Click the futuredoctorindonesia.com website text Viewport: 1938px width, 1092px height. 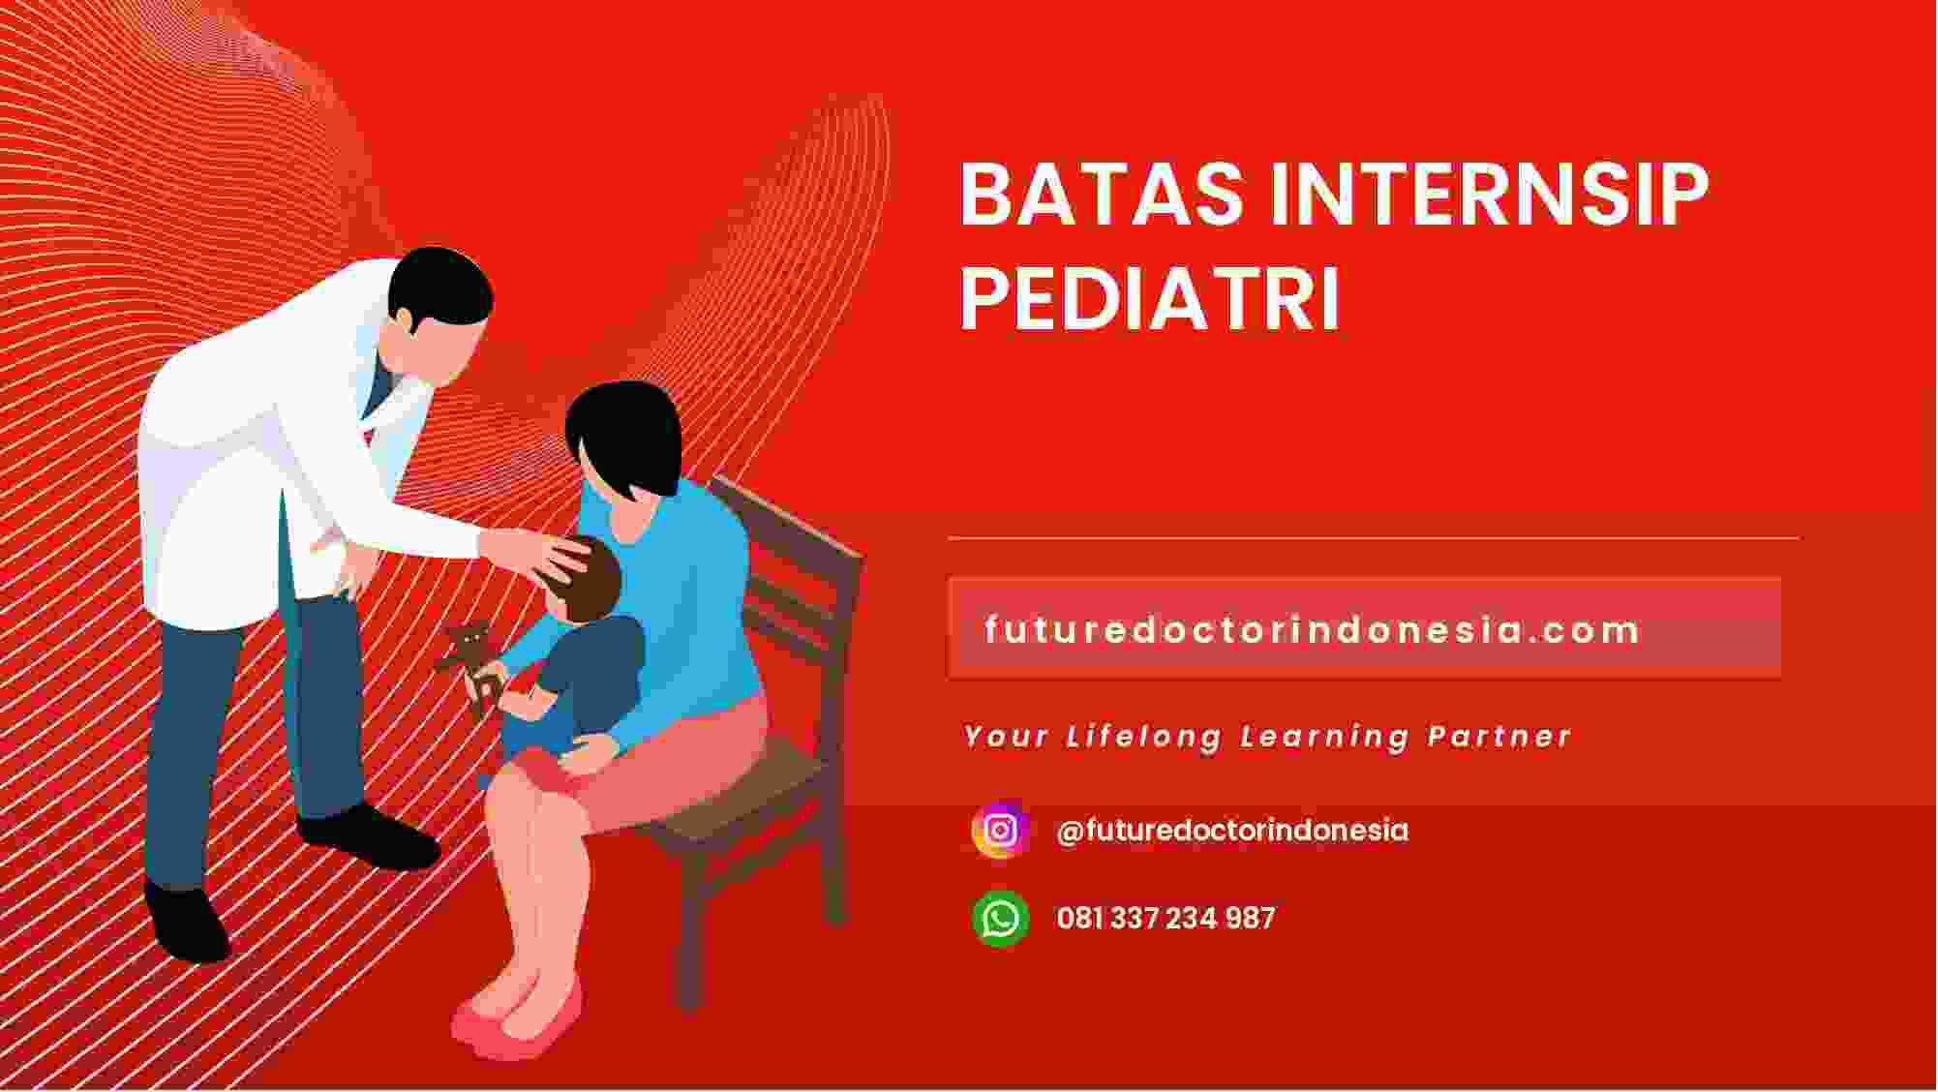[1312, 630]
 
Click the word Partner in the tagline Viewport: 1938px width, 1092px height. [1499, 737]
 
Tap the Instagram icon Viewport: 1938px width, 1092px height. [1000, 830]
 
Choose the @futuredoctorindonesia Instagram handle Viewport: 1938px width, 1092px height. [1232, 831]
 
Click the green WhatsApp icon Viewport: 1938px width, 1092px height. [1000, 918]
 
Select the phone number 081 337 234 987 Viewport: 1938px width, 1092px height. [1166, 918]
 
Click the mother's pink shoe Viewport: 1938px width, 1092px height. [518, 1016]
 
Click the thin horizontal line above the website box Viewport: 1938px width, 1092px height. [1374, 537]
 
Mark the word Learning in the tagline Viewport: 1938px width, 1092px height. [1325, 737]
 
